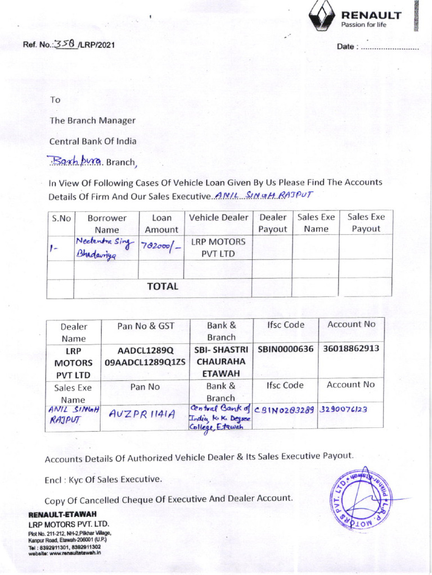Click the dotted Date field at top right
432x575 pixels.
coord(390,47)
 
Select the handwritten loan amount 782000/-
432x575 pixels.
coord(159,248)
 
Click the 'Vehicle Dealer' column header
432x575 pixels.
coord(218,217)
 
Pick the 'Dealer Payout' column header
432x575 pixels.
coord(272,223)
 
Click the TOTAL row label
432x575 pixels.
coord(162,286)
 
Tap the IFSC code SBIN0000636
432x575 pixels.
coord(285,349)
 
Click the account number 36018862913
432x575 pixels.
coord(351,348)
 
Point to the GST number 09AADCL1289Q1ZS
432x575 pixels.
coord(145,362)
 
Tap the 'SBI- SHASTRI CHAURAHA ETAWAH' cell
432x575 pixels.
coord(221,361)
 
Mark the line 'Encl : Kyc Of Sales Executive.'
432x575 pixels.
coord(103,480)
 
